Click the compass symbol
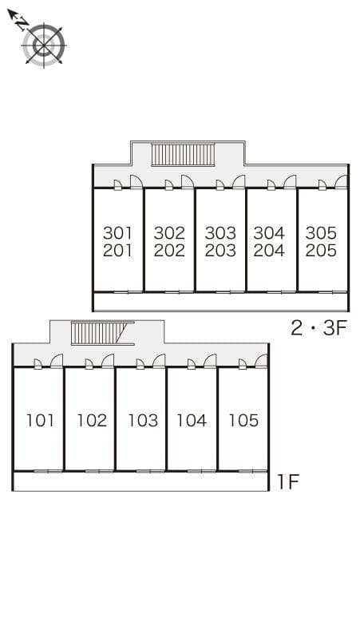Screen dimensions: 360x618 tap(43, 46)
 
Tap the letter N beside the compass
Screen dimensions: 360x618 tap(22, 25)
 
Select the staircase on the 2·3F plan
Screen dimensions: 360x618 tap(183, 155)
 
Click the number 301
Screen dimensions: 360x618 tap(117, 233)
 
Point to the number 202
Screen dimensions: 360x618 tap(169, 250)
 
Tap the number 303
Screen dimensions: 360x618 tap(220, 233)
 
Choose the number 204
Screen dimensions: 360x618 tap(269, 250)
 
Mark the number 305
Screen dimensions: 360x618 tap(321, 233)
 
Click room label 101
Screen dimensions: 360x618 tap(40, 421)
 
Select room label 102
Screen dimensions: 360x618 tap(92, 421)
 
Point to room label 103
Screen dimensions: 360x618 tap(143, 421)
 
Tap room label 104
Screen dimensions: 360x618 tap(192, 421)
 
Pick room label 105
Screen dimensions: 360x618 tap(243, 421)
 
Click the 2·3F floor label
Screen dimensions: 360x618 tap(318, 328)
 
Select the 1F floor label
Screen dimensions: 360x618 tap(289, 481)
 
